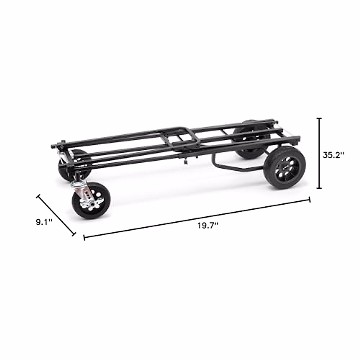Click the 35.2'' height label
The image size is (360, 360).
pyautogui.click(x=333, y=155)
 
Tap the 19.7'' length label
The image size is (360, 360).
pyautogui.click(x=207, y=226)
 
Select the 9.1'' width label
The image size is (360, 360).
pyautogui.click(x=44, y=222)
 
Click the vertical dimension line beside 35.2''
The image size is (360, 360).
pyautogui.click(x=319, y=153)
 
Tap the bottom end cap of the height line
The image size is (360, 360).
pyautogui.click(x=319, y=188)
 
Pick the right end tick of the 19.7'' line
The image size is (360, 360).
pyautogui.click(x=309, y=200)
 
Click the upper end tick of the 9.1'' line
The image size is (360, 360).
pyautogui.click(x=38, y=196)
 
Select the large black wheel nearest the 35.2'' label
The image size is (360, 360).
pyautogui.click(x=283, y=168)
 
